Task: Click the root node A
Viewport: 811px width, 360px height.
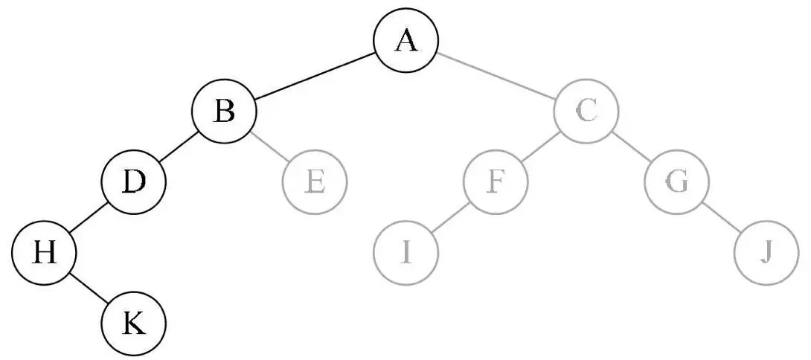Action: tap(405, 41)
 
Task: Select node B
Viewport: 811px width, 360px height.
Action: tap(224, 112)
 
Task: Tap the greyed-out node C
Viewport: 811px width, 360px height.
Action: tap(586, 112)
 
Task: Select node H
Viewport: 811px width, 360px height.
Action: tap(44, 254)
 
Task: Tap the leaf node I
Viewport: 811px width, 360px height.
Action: tap(405, 254)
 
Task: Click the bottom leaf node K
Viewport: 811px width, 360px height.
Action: tap(133, 324)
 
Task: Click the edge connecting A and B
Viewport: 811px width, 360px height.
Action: tap(315, 77)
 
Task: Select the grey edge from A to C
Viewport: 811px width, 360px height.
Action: tap(496, 77)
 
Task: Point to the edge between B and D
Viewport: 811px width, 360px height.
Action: tap(179, 147)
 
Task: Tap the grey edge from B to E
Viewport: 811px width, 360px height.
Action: tap(269, 147)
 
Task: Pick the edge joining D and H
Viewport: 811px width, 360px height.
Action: tap(89, 218)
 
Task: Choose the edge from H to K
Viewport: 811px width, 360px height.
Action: tap(89, 289)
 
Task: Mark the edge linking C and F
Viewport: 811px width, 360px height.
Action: tap(541, 147)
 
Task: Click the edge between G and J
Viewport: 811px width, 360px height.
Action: tap(721, 218)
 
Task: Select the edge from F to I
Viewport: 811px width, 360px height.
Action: tap(450, 218)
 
